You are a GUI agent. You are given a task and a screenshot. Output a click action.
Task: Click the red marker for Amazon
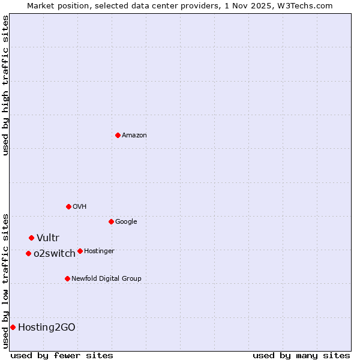click(x=118, y=135)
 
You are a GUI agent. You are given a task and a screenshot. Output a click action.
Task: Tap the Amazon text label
click(x=134, y=136)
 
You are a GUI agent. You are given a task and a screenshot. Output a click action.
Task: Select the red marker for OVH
click(x=68, y=206)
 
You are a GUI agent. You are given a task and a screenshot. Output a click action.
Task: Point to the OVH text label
click(x=80, y=207)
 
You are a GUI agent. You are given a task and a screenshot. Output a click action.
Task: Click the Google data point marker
click(x=111, y=221)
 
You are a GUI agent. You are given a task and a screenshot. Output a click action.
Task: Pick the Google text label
click(x=126, y=222)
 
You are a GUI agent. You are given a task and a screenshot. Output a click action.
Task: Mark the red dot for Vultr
click(x=31, y=238)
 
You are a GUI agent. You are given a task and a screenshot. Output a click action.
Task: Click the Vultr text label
click(x=48, y=238)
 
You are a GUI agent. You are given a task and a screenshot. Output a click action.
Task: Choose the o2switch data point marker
click(x=28, y=253)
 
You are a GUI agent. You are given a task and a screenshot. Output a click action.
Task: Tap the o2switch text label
click(x=55, y=254)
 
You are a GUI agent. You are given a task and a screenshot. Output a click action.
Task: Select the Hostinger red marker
click(x=80, y=251)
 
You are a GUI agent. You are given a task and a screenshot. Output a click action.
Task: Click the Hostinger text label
click(x=99, y=251)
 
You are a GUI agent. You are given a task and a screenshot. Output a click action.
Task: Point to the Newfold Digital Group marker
click(x=67, y=278)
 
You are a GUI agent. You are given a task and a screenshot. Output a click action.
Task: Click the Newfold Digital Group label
click(x=106, y=279)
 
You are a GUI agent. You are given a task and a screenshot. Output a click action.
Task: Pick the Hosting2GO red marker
click(x=13, y=327)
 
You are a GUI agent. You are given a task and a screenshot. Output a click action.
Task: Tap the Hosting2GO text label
click(x=47, y=328)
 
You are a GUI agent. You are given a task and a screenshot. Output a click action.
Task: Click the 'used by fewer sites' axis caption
click(x=62, y=355)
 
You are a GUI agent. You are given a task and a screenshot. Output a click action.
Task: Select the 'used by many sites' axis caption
click(x=301, y=355)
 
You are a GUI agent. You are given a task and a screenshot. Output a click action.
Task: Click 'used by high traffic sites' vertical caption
click(x=5, y=85)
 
